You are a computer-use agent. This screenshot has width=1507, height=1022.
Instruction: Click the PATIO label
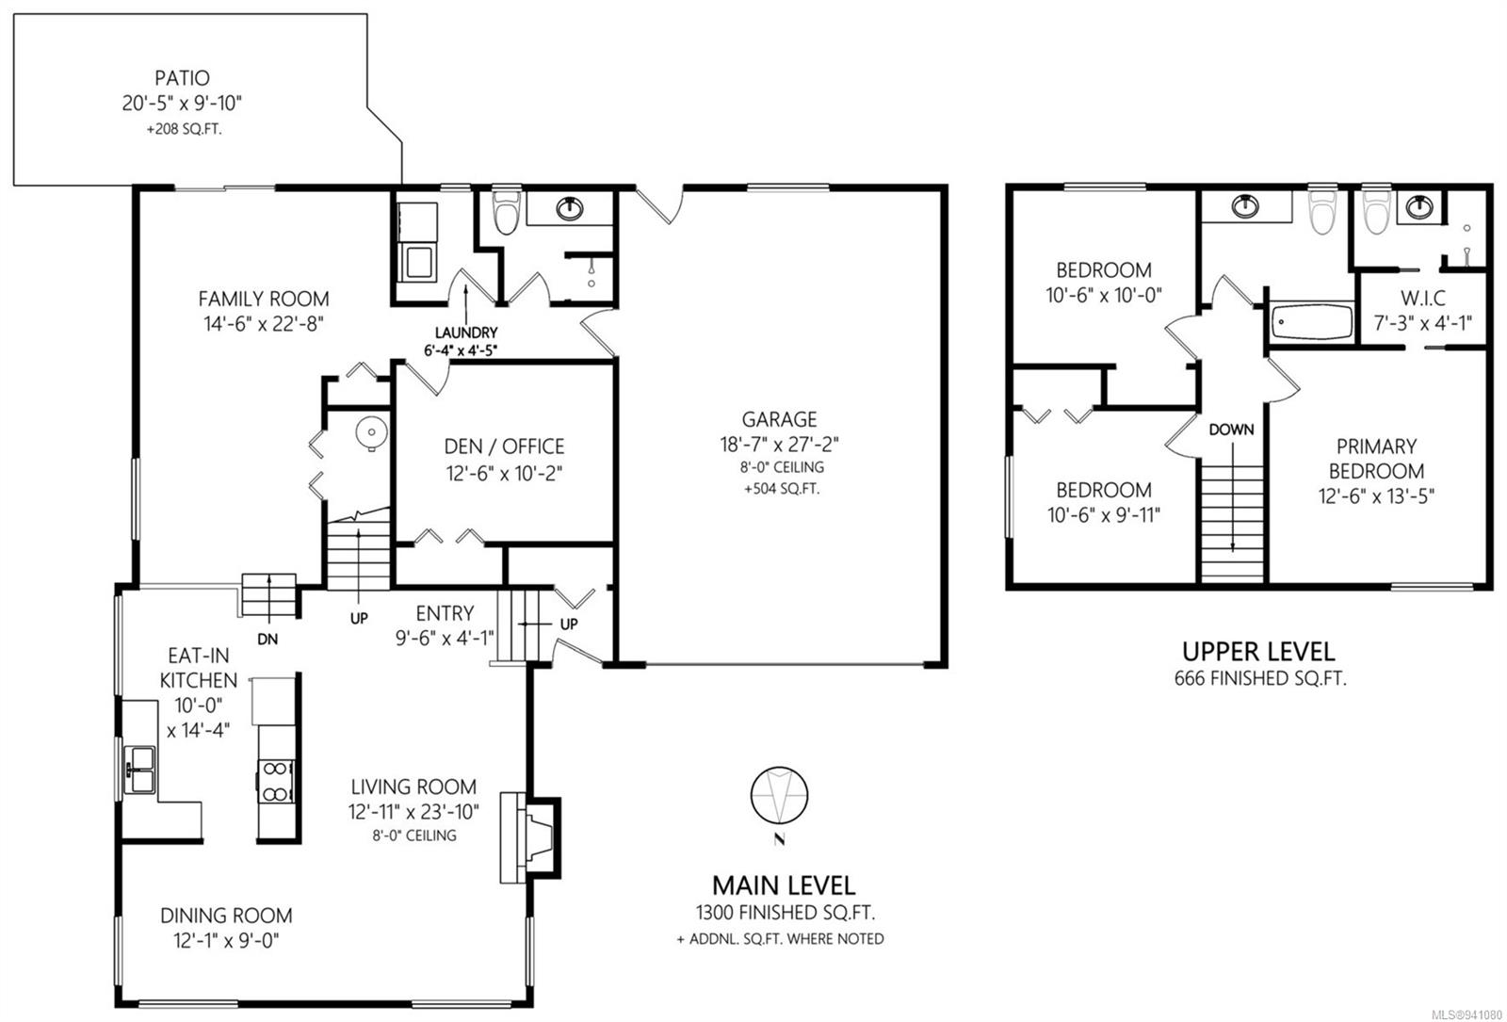pos(182,78)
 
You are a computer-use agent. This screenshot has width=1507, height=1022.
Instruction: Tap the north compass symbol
pos(779,796)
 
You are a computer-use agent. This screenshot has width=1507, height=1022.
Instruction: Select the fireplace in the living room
pos(530,837)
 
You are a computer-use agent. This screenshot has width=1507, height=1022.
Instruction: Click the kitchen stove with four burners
pos(276,781)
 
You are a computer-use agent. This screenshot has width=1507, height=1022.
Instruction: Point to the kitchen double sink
pos(140,769)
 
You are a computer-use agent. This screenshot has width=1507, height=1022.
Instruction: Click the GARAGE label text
pos(779,419)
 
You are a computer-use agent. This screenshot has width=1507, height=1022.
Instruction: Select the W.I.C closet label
pos(1423,298)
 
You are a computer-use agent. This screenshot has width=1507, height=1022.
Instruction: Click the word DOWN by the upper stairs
pos(1231,430)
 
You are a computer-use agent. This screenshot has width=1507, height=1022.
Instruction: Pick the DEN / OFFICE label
pos(505,446)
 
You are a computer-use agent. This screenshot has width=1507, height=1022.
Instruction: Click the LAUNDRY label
pos(466,333)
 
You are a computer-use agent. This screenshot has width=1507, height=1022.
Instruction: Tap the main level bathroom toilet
pos(506,211)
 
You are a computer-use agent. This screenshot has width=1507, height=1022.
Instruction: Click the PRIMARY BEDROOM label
pos(1376,459)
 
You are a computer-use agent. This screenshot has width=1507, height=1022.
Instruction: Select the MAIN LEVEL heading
pos(784,885)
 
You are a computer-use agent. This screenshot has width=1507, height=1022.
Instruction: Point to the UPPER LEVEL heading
pos(1258,651)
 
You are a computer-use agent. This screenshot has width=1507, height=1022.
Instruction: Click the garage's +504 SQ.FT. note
pos(782,489)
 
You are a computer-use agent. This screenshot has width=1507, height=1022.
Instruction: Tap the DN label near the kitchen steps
pos(267,640)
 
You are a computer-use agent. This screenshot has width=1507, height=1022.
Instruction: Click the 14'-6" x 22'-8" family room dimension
pos(264,324)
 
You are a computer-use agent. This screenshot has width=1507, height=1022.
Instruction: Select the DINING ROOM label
pos(226,915)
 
